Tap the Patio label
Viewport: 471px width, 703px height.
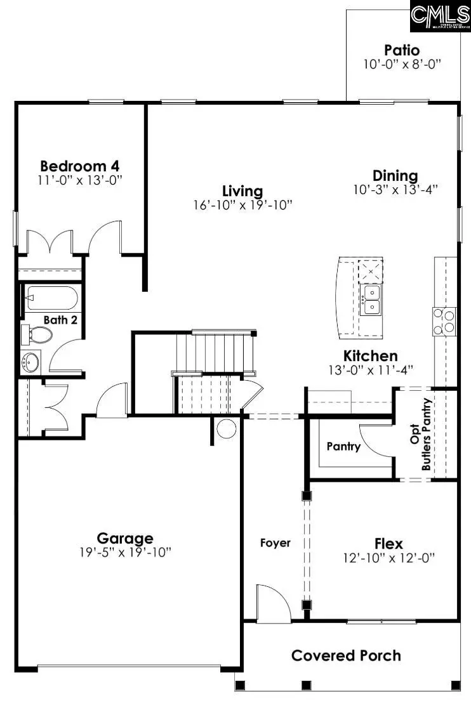[x=402, y=49]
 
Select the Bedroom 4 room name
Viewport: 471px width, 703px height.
[x=79, y=166]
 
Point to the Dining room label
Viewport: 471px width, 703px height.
[x=395, y=176]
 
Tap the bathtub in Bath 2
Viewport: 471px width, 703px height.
[x=51, y=296]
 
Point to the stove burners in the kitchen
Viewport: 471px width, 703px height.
[x=446, y=320]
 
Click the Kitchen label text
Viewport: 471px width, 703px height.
[x=371, y=356]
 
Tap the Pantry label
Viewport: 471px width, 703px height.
[x=343, y=447]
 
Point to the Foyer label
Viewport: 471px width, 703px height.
[x=275, y=542]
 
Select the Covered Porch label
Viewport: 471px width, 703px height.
[x=346, y=655]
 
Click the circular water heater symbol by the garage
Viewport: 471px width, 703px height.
[x=227, y=429]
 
